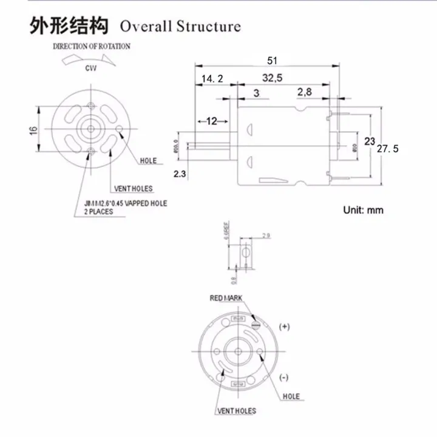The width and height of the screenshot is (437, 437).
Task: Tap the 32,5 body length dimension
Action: pyautogui.click(x=273, y=78)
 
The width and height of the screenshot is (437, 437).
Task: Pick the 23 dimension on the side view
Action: pyautogui.click(x=369, y=141)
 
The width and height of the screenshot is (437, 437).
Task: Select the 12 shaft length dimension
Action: pyautogui.click(x=211, y=121)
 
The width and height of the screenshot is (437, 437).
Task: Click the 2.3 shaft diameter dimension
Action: pyautogui.click(x=180, y=174)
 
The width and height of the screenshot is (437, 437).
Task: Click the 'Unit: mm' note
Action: pyautogui.click(x=363, y=210)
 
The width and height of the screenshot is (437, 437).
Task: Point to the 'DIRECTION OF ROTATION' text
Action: pyautogui.click(x=92, y=46)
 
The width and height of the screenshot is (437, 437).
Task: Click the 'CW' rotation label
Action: pyautogui.click(x=90, y=68)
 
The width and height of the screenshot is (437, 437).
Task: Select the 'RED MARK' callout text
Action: pyautogui.click(x=226, y=298)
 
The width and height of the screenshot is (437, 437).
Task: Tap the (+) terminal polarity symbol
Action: pyautogui.click(x=284, y=327)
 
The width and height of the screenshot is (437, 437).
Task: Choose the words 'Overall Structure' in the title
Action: pyautogui.click(x=180, y=27)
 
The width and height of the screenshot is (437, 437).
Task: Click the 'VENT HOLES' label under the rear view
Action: pyautogui.click(x=236, y=412)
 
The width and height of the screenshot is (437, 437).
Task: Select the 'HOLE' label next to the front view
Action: pyautogui.click(x=148, y=161)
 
